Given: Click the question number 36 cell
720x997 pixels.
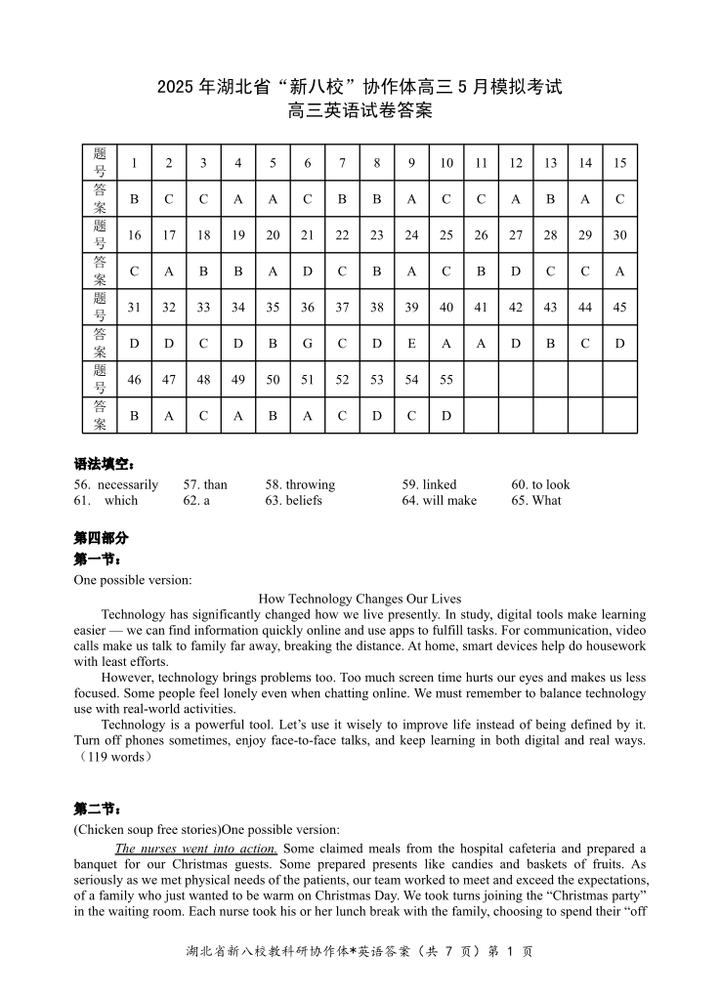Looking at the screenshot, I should point(308,308).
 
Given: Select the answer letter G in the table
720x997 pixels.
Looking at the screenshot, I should point(308,344).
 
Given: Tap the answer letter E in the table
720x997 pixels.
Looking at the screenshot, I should point(411,344).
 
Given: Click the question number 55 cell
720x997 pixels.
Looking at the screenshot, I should point(446,380).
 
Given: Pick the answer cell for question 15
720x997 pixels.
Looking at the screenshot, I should point(619,199).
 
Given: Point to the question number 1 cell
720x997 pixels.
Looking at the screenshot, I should point(134,163).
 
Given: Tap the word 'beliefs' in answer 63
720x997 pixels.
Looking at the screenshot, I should point(304,500).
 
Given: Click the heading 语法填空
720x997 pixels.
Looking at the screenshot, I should point(105,464).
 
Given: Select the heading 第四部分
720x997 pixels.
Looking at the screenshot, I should point(101,538).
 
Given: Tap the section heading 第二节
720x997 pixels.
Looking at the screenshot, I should point(98,809).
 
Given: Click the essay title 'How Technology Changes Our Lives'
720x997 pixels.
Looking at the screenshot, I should point(360,599).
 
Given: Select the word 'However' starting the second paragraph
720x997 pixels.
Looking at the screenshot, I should point(126,677).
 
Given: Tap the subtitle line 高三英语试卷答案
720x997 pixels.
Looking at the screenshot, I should point(360,111).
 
